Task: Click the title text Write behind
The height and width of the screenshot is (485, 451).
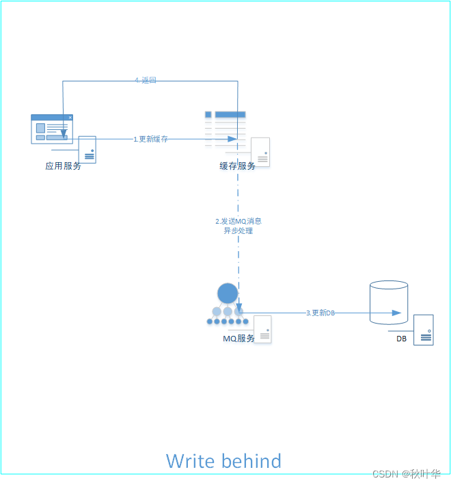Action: [x=223, y=461]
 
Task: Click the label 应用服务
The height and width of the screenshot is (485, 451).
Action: [x=63, y=166]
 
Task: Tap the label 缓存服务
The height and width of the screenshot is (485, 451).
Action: [x=237, y=166]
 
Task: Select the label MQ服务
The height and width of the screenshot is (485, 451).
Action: [x=238, y=339]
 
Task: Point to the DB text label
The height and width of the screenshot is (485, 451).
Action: [x=401, y=339]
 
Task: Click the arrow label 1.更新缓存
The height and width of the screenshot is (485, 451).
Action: [x=150, y=139]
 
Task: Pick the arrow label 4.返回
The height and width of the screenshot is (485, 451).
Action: [x=146, y=81]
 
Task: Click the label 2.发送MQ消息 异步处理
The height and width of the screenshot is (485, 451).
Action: [x=238, y=226]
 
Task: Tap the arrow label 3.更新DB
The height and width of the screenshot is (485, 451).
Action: [x=320, y=313]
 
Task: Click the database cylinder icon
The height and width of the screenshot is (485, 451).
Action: [x=388, y=302]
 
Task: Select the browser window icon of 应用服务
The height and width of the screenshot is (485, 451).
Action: [x=52, y=129]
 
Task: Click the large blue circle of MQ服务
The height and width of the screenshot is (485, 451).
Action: [x=228, y=293]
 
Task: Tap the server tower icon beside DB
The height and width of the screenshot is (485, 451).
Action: [x=423, y=330]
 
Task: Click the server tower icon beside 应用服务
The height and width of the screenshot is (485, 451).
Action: [x=87, y=149]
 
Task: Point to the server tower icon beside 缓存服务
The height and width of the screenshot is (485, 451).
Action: [x=260, y=152]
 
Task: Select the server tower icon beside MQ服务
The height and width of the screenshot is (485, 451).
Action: [x=262, y=329]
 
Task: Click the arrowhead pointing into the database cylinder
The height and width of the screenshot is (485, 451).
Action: [x=396, y=313]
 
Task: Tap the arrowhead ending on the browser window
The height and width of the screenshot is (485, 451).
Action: [x=64, y=133]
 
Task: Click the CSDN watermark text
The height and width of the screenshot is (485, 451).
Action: [x=405, y=474]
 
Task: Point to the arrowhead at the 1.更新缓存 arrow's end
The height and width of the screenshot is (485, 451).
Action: [x=232, y=139]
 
